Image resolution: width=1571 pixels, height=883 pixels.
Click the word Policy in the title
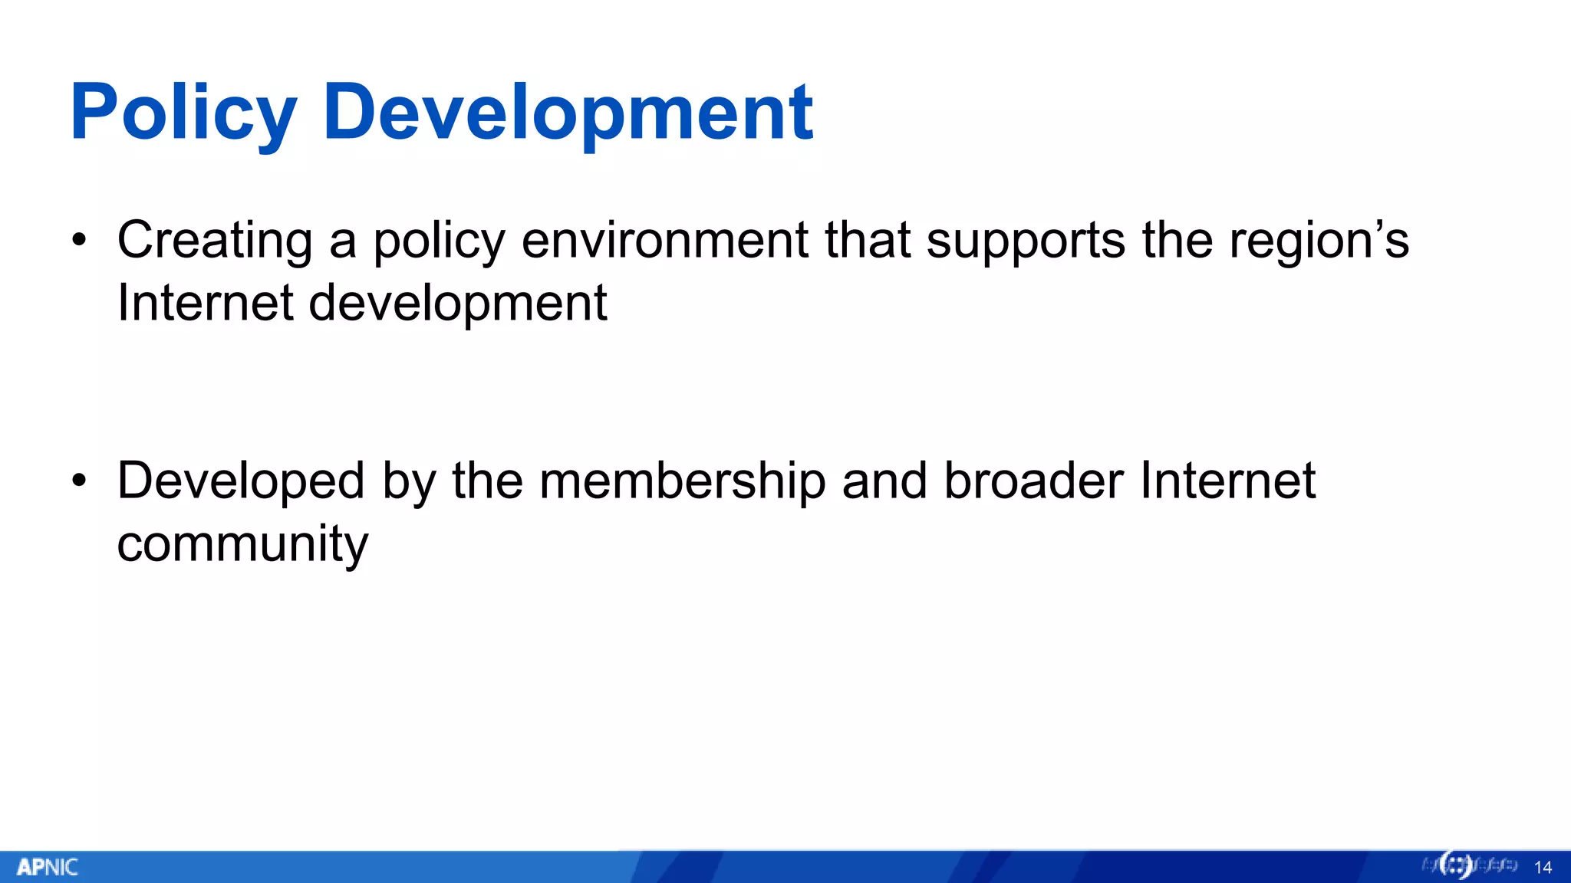tap(183, 113)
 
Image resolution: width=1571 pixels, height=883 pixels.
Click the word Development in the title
tap(568, 113)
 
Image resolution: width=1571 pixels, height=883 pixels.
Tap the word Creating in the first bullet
tap(215, 241)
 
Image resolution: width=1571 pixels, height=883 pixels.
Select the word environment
tap(664, 241)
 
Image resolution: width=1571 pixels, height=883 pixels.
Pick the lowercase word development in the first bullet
tap(458, 304)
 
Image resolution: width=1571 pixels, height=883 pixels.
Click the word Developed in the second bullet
tap(241, 481)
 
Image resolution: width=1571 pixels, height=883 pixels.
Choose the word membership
tap(683, 481)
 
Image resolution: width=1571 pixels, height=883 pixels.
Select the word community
tap(242, 544)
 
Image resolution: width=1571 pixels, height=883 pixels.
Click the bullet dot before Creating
tap(79, 241)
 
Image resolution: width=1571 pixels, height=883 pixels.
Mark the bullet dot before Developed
tap(79, 481)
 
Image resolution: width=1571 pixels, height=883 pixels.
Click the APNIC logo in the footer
tap(48, 867)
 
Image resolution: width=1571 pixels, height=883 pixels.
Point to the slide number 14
tap(1543, 868)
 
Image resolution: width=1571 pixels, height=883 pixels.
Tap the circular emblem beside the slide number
tap(1455, 865)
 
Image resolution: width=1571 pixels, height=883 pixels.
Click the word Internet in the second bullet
tap(1227, 481)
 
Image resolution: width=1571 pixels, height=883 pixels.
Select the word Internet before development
tap(205, 304)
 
